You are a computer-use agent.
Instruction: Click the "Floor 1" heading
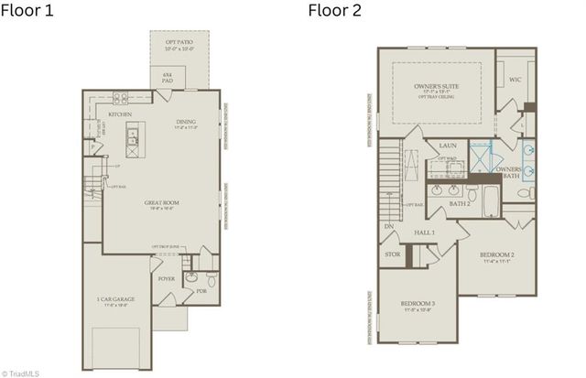tap(28, 13)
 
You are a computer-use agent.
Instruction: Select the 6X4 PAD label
tap(168, 78)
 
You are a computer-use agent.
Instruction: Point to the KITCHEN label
tap(120, 114)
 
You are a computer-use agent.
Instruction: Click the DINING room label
tap(186, 122)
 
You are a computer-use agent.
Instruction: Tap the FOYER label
tap(167, 278)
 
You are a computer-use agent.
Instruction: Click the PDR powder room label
tap(201, 292)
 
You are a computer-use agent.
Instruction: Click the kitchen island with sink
tap(133, 138)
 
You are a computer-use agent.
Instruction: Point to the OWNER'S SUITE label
tap(435, 86)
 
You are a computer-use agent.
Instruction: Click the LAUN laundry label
tap(448, 146)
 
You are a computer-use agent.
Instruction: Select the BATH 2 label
tap(459, 204)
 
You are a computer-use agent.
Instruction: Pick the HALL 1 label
tap(424, 233)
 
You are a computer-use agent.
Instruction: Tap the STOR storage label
tap(392, 254)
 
